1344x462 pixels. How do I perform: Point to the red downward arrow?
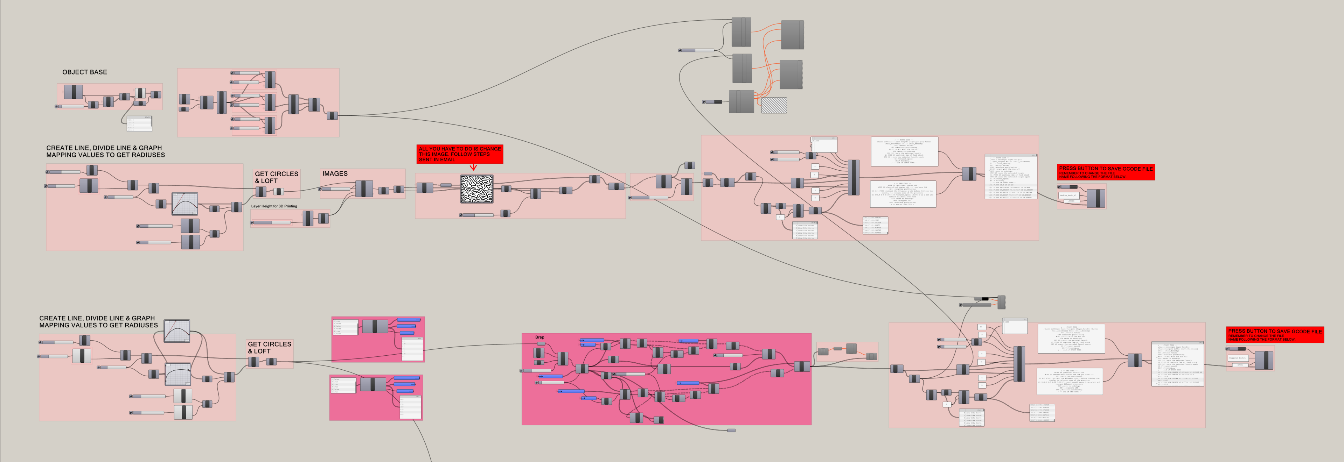[x=473, y=168]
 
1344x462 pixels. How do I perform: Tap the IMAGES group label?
[x=334, y=173]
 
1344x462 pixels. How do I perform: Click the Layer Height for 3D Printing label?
[x=274, y=206]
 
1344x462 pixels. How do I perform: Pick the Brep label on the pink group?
[x=539, y=337]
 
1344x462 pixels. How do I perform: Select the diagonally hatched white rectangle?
[x=774, y=105]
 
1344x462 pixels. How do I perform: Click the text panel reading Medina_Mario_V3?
[x=1068, y=195]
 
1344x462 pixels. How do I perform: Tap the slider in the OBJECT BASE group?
[x=71, y=106]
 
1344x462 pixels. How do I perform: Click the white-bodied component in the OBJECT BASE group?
[x=140, y=93]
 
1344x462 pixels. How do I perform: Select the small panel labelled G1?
[x=981, y=327]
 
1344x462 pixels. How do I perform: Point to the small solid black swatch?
[x=984, y=299]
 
